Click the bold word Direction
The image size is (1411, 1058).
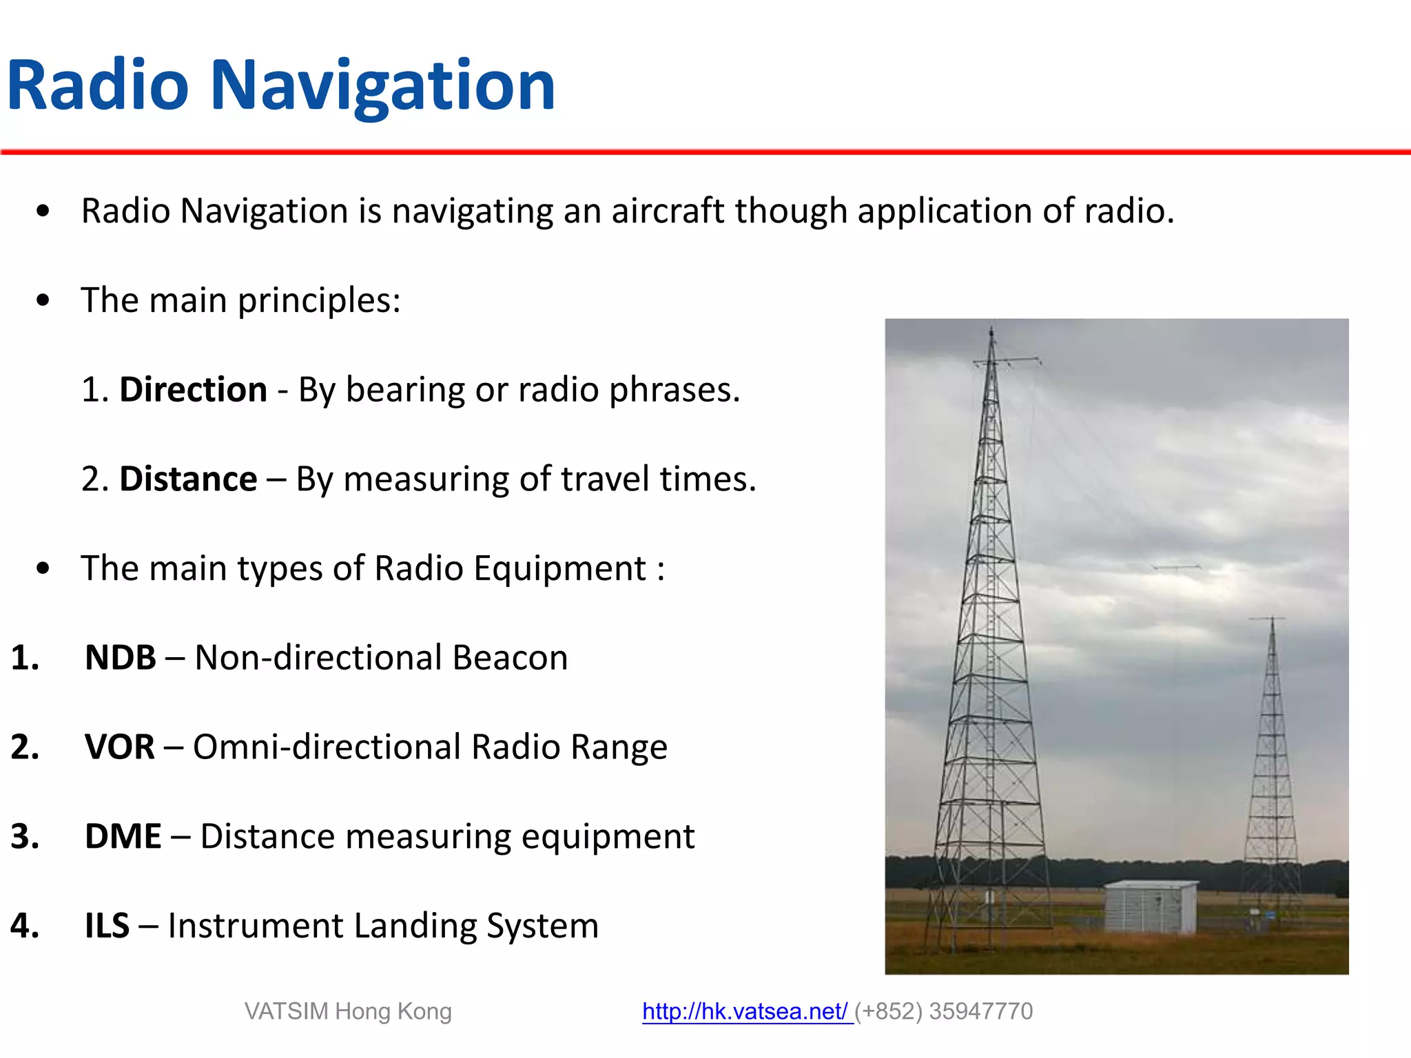click(193, 390)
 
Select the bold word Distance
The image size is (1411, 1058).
click(188, 479)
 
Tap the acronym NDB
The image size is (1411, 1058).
click(120, 658)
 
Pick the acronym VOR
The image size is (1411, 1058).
click(119, 747)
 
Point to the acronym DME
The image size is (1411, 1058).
click(123, 837)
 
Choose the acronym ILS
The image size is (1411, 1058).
click(107, 926)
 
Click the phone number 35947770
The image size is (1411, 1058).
click(980, 1011)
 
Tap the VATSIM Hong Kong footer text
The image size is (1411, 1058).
click(348, 1011)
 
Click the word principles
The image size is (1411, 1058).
click(318, 301)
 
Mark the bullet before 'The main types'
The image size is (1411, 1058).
click(43, 569)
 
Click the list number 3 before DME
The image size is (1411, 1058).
click(24, 837)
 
